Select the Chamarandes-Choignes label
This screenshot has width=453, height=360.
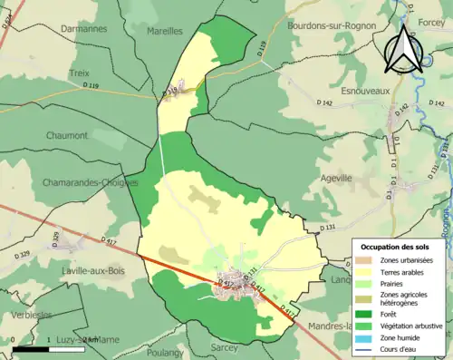click(x=89, y=182)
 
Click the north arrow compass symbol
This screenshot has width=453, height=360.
click(x=405, y=50)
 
